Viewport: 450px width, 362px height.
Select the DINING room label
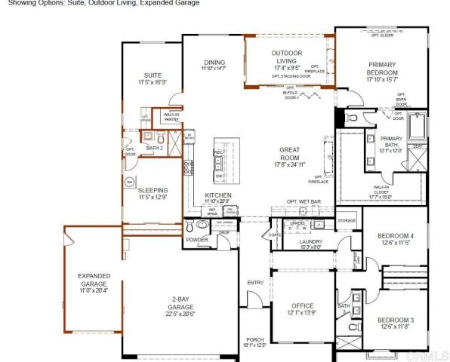pyautogui.click(x=214, y=63)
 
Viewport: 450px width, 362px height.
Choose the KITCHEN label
pyautogui.click(x=219, y=196)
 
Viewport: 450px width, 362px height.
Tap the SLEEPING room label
pyautogui.click(x=153, y=192)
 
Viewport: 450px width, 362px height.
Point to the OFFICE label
pyautogui.click(x=302, y=306)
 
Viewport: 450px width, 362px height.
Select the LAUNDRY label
pyautogui.click(x=311, y=242)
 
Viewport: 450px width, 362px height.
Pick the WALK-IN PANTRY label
pyautogui.click(x=171, y=117)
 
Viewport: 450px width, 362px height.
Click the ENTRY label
pyautogui.click(x=254, y=283)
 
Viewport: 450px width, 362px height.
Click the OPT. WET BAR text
pyautogui.click(x=304, y=201)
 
